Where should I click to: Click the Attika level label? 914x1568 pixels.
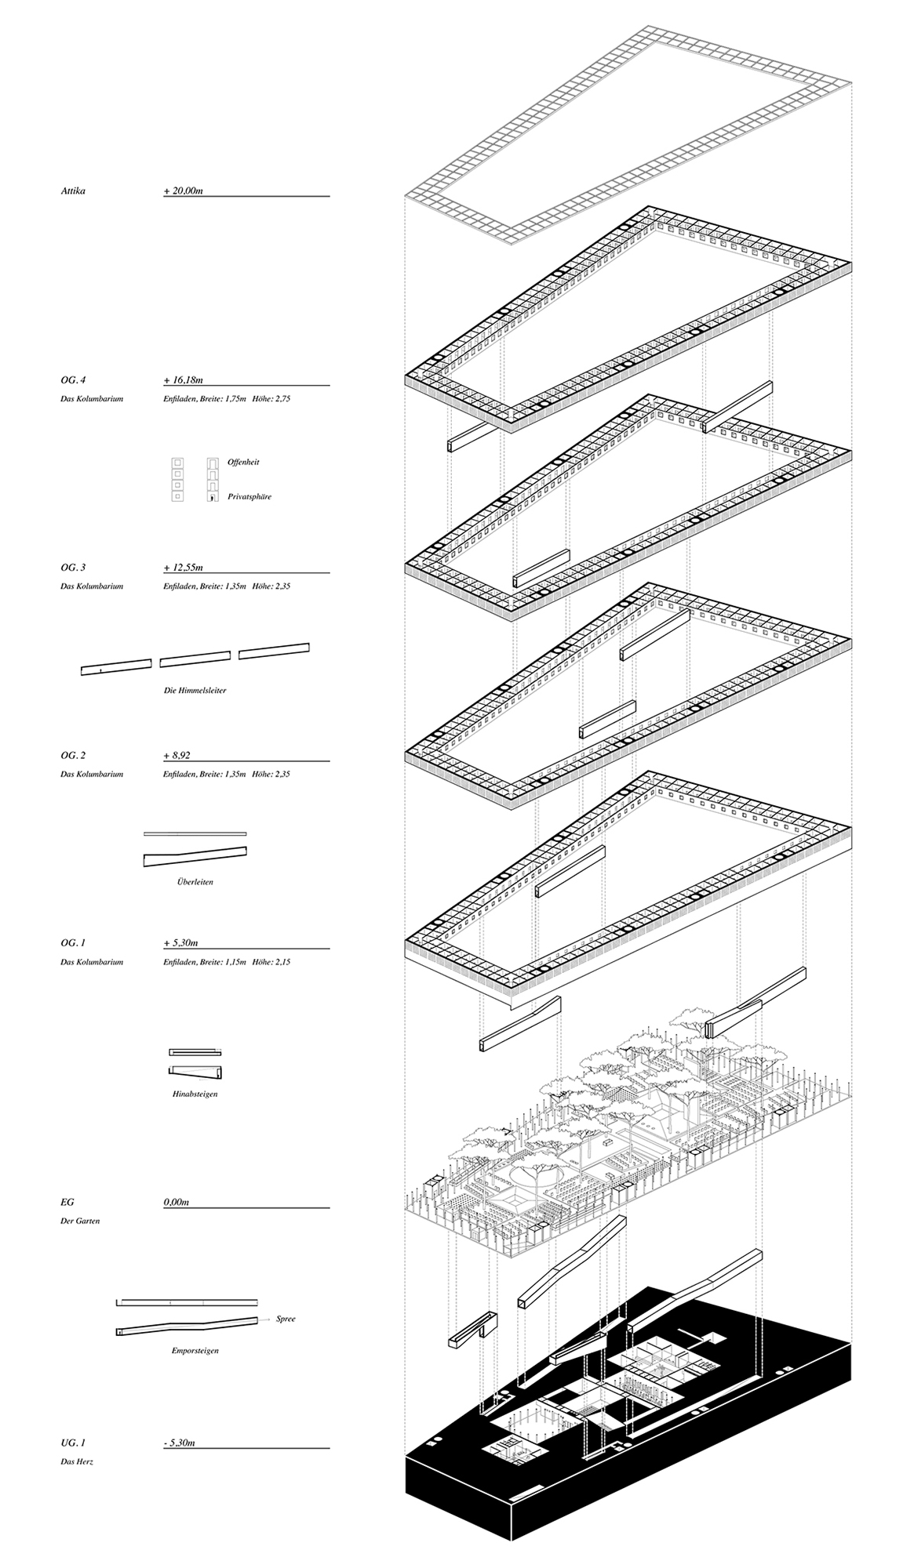tap(72, 191)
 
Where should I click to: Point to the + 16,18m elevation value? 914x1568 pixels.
tap(184, 380)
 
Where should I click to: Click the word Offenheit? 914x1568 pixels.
tap(243, 462)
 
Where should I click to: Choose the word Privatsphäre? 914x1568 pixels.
tap(249, 496)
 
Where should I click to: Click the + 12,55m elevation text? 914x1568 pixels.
tap(184, 568)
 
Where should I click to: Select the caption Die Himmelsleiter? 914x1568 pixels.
tap(195, 691)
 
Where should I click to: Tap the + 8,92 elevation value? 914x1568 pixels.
tap(177, 756)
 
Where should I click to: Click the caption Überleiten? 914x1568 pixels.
tap(195, 882)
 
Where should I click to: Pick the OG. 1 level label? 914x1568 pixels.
tap(73, 943)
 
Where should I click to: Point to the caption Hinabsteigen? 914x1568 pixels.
tap(195, 1094)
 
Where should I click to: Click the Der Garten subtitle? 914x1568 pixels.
tap(80, 1221)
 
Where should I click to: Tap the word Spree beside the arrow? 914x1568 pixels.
tap(286, 1319)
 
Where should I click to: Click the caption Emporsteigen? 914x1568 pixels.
tap(195, 1351)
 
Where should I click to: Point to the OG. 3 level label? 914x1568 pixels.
tap(73, 568)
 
